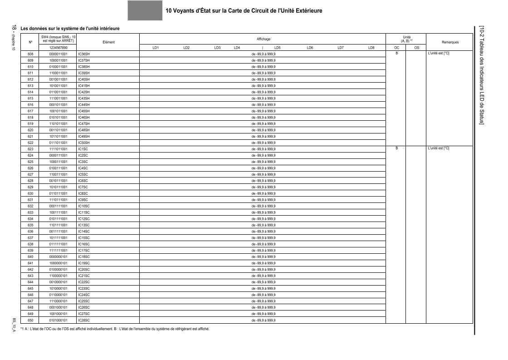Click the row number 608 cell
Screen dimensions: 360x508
[x=30, y=54]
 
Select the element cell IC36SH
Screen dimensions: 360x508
[x=84, y=54]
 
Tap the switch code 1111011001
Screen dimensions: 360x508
[x=59, y=149]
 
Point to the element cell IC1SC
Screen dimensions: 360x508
[x=83, y=149]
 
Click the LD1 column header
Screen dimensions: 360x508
[x=156, y=47]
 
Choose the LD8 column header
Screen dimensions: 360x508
[x=371, y=47]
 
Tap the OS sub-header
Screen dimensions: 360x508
[x=416, y=47]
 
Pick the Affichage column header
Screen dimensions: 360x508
[x=263, y=39]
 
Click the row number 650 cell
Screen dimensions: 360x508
[x=30, y=320]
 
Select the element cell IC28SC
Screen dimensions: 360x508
[x=84, y=320]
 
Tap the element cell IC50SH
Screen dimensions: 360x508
[x=84, y=143]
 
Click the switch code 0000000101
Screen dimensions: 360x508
[x=59, y=257]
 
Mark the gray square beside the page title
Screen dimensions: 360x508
[x=145, y=10]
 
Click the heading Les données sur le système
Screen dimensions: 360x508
[x=70, y=29]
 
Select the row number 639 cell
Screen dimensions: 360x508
[x=30, y=251]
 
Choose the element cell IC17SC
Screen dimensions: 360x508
[x=84, y=251]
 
